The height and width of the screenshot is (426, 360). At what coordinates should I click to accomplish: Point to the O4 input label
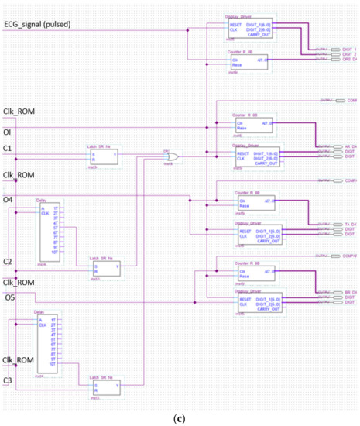9,200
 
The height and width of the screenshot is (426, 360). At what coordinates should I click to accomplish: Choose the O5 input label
9,297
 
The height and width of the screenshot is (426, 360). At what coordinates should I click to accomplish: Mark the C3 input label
8,380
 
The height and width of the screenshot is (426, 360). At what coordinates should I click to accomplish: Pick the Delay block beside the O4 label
49,232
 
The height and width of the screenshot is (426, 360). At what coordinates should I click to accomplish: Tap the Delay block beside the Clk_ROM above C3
49,345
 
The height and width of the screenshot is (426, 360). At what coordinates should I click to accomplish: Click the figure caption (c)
180,418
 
